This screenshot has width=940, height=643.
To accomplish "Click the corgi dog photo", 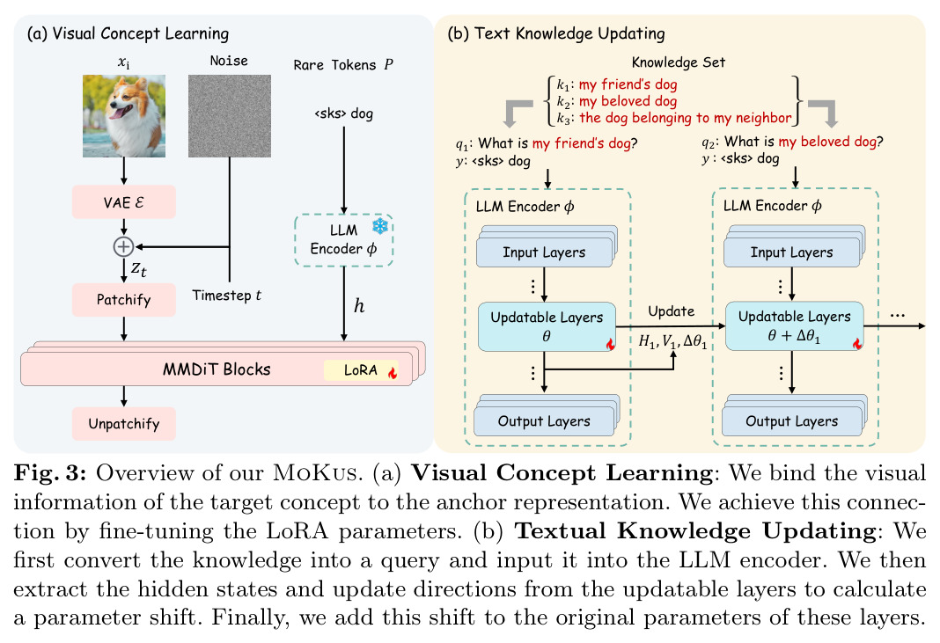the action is (124, 115).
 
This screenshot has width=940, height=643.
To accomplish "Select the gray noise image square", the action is (230, 115).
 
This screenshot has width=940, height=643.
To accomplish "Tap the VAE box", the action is (124, 202).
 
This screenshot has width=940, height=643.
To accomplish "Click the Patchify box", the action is (124, 300).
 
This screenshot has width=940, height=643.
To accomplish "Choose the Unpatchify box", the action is (124, 424).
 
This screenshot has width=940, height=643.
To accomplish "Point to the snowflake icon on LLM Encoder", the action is (380, 226).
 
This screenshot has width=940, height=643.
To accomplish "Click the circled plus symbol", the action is (123, 246).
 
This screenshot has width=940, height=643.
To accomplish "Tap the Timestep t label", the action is (226, 296).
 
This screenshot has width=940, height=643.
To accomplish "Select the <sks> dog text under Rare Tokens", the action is (343, 113).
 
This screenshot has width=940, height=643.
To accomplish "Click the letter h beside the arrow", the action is (358, 306).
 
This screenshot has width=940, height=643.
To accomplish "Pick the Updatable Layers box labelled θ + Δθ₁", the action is (794, 326).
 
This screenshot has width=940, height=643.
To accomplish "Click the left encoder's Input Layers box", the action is (544, 252).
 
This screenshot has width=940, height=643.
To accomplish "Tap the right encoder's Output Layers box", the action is (792, 420).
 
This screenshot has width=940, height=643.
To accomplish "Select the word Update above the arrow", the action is (672, 311).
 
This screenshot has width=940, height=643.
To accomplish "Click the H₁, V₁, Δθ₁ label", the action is (672, 341).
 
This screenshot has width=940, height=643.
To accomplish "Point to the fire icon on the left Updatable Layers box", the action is (610, 344).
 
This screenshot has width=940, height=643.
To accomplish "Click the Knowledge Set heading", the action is (678, 62).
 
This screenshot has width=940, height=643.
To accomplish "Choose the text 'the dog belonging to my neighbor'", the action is (686, 118).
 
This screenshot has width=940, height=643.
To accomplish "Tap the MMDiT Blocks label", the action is (217, 369).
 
